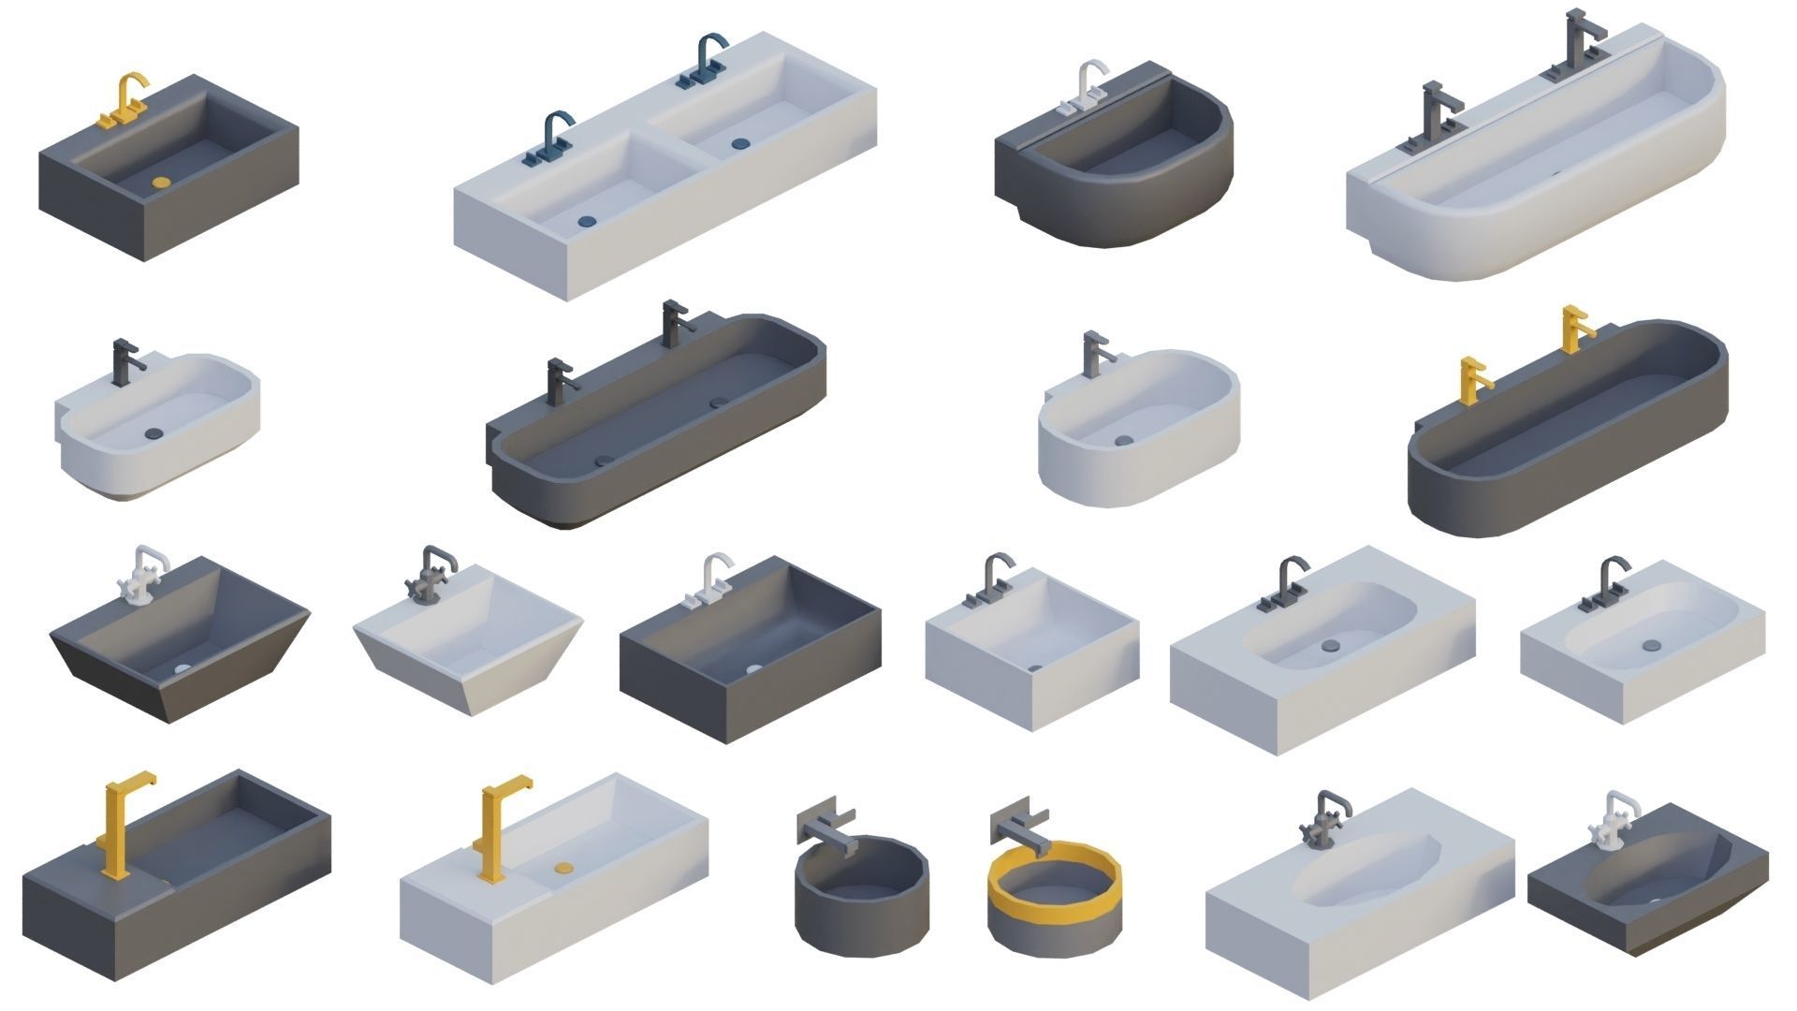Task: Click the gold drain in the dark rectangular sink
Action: tap(162, 183)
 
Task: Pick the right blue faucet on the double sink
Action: tap(705, 62)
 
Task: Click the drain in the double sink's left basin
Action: tap(587, 222)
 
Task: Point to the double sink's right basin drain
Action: tap(741, 144)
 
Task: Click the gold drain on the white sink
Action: tap(562, 868)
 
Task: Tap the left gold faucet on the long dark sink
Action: tap(1472, 380)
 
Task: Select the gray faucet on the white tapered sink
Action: tap(431, 573)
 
